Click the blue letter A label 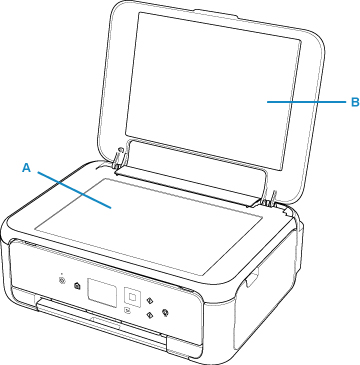click(x=26, y=168)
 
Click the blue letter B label click(x=355, y=102)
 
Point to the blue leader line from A click(x=74, y=190)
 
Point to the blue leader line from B click(x=307, y=102)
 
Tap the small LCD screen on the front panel click(x=102, y=291)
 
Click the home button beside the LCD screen click(x=77, y=286)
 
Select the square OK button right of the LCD click(x=132, y=295)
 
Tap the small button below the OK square click(x=128, y=311)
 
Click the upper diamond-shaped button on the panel click(x=150, y=301)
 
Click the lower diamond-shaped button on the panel click(x=149, y=314)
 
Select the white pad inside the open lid click(x=213, y=90)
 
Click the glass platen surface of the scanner click(x=148, y=227)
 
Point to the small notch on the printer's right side click(x=252, y=278)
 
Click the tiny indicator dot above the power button click(x=61, y=275)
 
